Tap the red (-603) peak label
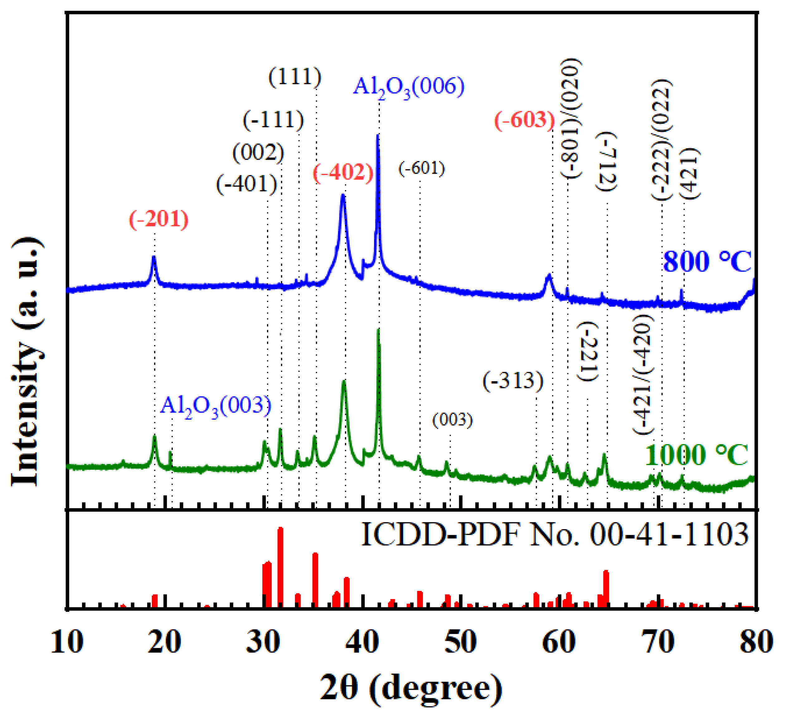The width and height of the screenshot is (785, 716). [x=525, y=119]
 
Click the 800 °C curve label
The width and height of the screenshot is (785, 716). [x=707, y=262]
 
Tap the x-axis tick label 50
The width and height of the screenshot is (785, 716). [x=461, y=642]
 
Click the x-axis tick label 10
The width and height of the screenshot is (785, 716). [x=67, y=642]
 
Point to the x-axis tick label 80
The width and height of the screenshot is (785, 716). [x=756, y=642]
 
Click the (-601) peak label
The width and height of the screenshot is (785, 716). [x=421, y=169]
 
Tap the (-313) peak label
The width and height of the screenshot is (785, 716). [x=513, y=381]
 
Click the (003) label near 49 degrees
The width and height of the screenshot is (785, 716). [x=453, y=420]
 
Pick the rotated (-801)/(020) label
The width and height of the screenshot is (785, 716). [x=571, y=119]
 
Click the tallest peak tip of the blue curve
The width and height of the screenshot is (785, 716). [x=377, y=136]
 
